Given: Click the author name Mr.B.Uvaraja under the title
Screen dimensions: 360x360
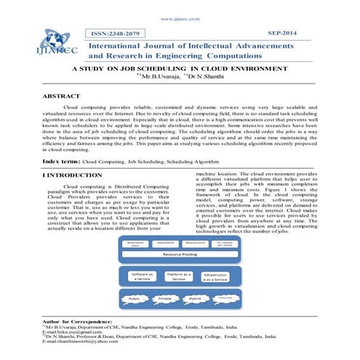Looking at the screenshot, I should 164,76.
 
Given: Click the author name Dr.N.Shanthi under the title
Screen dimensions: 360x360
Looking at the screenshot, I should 211,76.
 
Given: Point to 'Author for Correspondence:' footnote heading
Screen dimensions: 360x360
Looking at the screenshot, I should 77,320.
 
